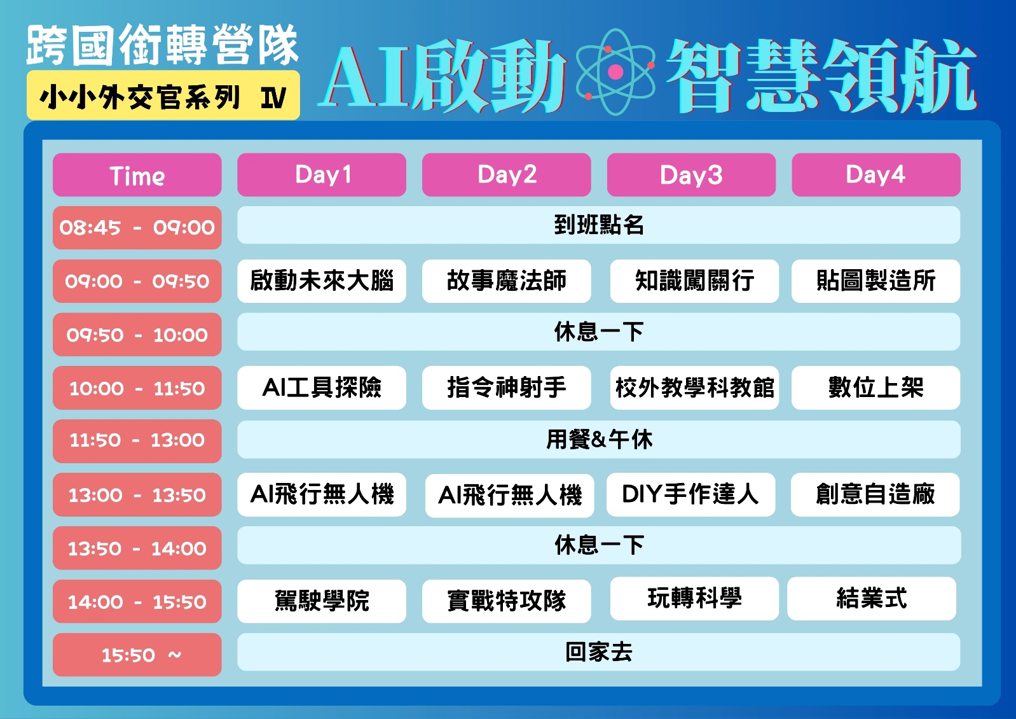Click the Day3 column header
[691, 175]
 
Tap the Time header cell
[137, 175]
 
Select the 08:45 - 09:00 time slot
[137, 227]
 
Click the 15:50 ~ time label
[137, 655]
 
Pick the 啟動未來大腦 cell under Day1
[322, 281]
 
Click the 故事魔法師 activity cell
[506, 281]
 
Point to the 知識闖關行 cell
[694, 281]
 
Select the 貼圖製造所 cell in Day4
[876, 281]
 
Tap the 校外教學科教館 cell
[694, 387]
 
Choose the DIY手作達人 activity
[690, 494]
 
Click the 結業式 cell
[872, 598]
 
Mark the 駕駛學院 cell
[322, 601]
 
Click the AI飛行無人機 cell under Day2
[510, 495]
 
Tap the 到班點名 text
[599, 225]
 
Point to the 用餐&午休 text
[599, 440]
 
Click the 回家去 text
[599, 652]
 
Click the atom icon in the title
[615, 72]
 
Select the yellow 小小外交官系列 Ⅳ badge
[163, 95]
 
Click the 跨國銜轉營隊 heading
[162, 45]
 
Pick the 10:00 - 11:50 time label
[137, 388]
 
